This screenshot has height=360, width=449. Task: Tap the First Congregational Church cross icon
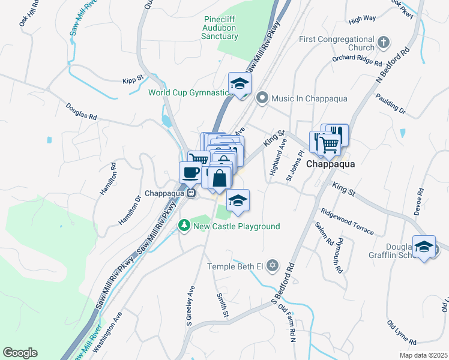click(x=384, y=43)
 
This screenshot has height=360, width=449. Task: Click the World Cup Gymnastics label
click(x=190, y=92)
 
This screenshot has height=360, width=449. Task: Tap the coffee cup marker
click(x=190, y=173)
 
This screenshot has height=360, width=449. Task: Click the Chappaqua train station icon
click(x=191, y=194)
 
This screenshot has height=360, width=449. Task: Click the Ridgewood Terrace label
click(x=347, y=221)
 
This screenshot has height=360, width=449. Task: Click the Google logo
click(x=20, y=353)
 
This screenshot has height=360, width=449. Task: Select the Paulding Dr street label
click(x=391, y=102)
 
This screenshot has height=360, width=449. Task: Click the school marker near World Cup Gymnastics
click(x=240, y=85)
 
